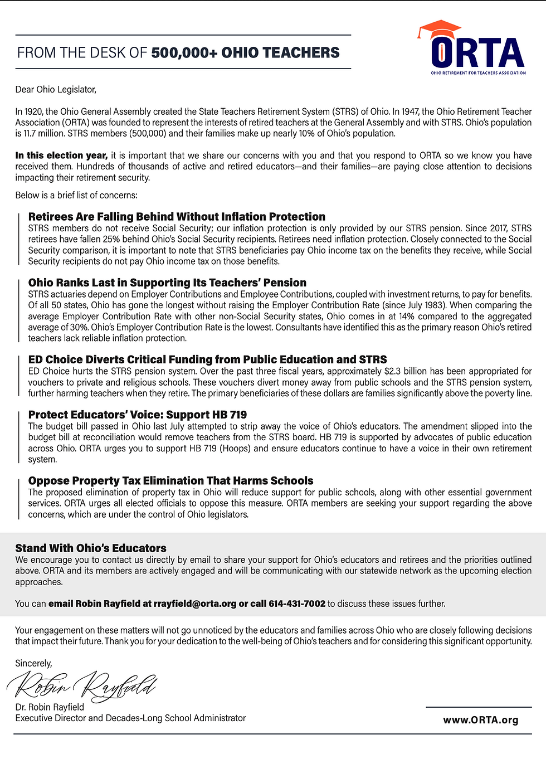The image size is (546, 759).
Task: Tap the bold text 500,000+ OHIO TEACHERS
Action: click(245, 53)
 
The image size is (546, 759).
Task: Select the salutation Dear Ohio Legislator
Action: click(56, 90)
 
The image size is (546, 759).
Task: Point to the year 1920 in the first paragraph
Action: click(34, 111)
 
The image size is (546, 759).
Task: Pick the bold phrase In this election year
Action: click(61, 155)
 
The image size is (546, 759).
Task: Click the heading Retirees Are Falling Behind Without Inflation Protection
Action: click(177, 217)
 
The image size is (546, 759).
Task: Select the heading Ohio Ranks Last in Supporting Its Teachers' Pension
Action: click(167, 283)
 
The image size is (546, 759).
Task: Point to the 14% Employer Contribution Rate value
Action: click(407, 317)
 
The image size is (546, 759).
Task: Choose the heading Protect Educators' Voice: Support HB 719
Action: click(137, 415)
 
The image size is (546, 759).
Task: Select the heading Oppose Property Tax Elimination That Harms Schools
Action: click(170, 480)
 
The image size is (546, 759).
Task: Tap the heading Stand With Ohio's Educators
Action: click(91, 548)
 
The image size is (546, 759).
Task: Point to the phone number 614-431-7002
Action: click(297, 604)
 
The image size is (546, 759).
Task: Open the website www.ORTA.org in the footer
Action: click(480, 720)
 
